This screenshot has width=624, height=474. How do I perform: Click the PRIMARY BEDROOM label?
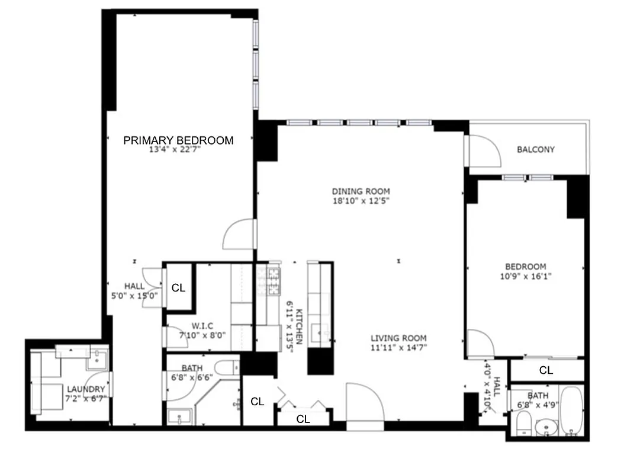pos(178,140)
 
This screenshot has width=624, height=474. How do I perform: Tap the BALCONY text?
pos(536,149)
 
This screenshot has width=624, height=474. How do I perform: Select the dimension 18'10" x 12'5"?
pos(361,201)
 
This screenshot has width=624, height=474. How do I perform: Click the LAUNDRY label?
pos(86,389)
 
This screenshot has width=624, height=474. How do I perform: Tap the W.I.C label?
pos(202,325)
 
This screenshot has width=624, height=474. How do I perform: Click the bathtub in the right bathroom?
pos(572,411)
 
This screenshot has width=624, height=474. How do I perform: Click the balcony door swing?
pos(484,151)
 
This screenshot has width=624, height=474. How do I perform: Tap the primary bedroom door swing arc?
pos(239,235)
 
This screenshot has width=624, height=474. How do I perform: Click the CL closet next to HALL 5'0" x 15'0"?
pos(178,288)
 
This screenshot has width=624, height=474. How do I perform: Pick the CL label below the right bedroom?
pos(546,370)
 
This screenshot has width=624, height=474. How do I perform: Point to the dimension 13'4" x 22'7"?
pos(175,150)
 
